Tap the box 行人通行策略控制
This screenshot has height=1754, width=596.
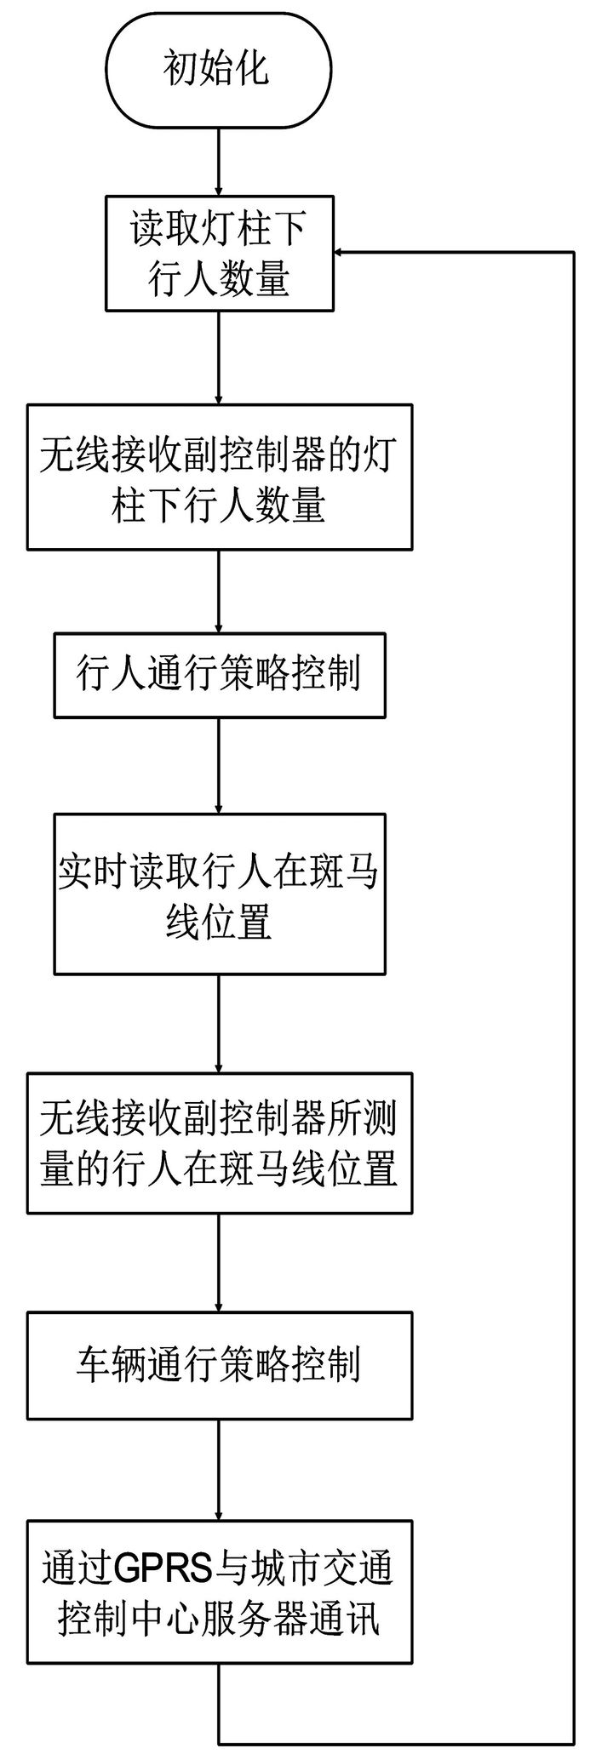pos(220,675)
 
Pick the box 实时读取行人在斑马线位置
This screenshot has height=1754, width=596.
pos(220,894)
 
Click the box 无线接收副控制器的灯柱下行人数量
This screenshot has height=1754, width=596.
pos(220,477)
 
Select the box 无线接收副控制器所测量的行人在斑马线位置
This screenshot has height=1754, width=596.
pos(220,1144)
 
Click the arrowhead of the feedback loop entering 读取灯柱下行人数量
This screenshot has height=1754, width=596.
pos(340,252)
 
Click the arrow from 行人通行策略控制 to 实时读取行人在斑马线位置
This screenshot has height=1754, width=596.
pos(219,766)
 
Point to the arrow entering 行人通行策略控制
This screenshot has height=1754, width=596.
pos(219,591)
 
